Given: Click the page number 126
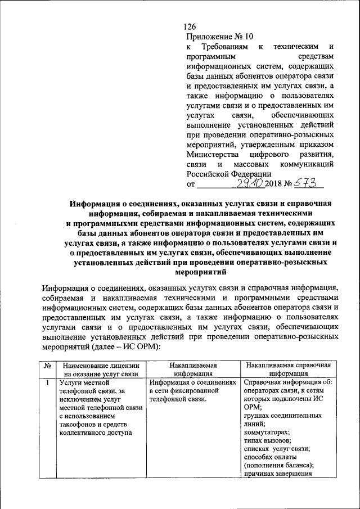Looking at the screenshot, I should coord(190,27).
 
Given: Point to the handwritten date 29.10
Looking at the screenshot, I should coord(251,183).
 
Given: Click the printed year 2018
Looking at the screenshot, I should coord(275,184).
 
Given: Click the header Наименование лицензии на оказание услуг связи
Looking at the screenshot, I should coord(101,369).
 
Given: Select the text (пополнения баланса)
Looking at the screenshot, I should coord(278,465).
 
